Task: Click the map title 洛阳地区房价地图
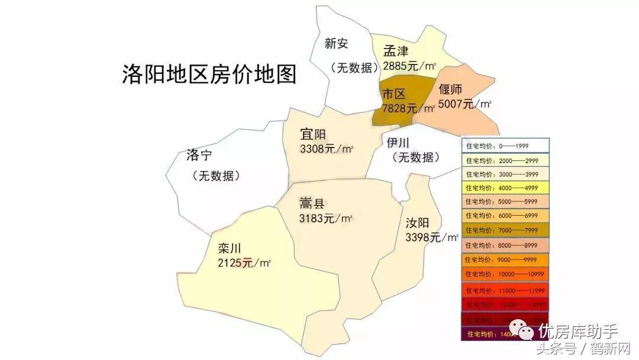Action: (208, 75)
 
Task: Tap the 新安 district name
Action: (336, 43)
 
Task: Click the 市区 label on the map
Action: (394, 95)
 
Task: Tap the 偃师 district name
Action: (451, 90)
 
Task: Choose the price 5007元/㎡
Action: (465, 104)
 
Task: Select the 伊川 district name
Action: (399, 143)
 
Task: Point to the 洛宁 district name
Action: (199, 156)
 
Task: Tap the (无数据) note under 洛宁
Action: (216, 176)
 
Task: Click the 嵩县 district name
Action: (312, 204)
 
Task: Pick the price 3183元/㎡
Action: (326, 218)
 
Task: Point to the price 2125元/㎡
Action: (244, 262)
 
